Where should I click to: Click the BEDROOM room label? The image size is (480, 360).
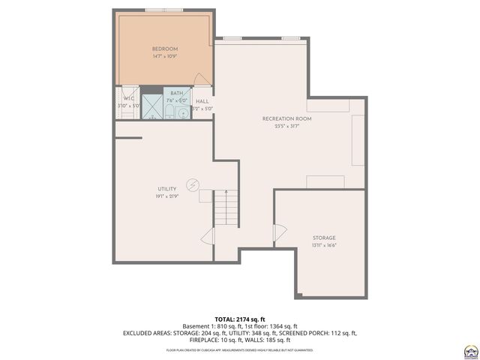[x=164, y=49]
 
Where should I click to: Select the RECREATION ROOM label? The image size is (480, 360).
[x=286, y=118]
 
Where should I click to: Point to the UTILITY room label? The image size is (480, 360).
[x=166, y=188]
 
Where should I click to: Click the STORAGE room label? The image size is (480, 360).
[x=324, y=238]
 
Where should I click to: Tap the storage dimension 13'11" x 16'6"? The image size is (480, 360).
[x=324, y=245]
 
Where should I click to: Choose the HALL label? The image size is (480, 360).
[x=202, y=101]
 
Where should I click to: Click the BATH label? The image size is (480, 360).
[x=176, y=93]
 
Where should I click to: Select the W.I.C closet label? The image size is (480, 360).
[x=128, y=97]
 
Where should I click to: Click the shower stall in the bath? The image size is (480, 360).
[x=152, y=108]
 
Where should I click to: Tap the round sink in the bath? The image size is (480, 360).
[x=184, y=113]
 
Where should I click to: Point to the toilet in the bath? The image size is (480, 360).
[x=169, y=113]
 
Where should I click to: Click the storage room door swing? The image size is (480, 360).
[x=280, y=235]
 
